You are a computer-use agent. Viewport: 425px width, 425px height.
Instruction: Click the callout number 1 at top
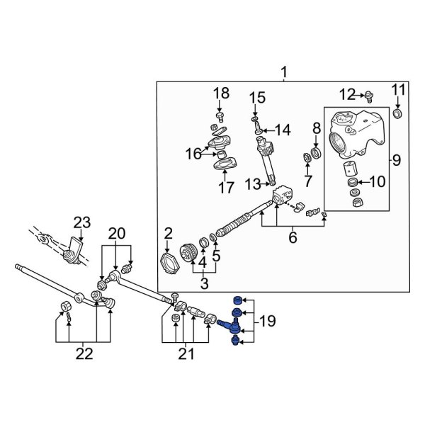[284, 72]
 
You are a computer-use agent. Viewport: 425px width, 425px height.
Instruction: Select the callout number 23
[83, 224]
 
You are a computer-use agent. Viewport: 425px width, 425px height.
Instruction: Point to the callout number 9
[396, 160]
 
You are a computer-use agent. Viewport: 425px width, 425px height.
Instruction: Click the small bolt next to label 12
[368, 94]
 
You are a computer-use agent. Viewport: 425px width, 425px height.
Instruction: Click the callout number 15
[256, 97]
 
